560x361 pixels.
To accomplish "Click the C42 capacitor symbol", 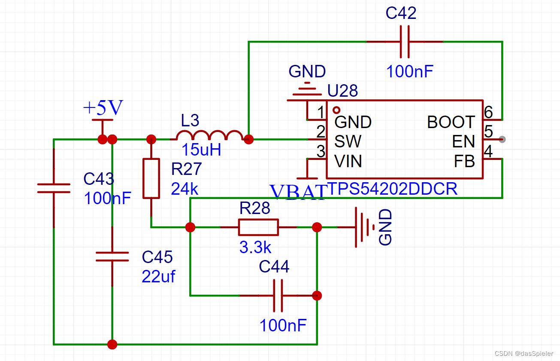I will pos(404,42).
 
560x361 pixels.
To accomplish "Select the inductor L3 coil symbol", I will pos(211,136).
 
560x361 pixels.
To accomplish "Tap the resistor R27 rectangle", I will pos(151,178).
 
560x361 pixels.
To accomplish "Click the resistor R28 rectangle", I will pos(258,227).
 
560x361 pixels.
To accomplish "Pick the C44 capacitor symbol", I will pos(278,296).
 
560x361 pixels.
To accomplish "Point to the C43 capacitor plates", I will pos(54,188).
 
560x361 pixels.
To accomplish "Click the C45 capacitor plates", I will pos(112,257).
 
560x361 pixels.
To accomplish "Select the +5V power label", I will pos(103,108).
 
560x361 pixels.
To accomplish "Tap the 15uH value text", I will pos(201,150).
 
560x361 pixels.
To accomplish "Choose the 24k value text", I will pos(185,189).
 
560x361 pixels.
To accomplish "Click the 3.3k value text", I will pos(255,248).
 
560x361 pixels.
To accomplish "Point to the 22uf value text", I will pos(158,276).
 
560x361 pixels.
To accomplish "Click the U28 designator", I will pos(342,91).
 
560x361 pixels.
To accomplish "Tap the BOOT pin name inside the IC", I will pos(451,122).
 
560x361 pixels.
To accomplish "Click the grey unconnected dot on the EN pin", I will pos(503,139).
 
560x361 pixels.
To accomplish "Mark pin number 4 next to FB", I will pos(488,152).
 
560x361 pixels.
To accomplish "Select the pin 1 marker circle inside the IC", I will pos(336,110).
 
